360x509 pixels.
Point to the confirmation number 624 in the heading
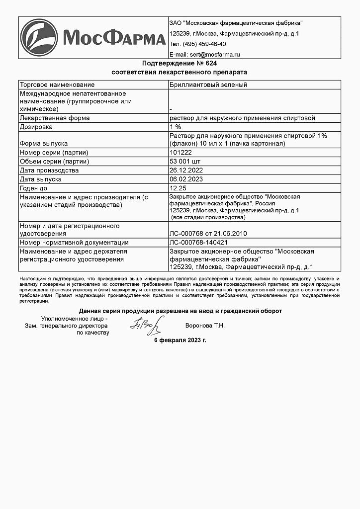(211, 64)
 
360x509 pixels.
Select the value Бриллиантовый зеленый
(208, 85)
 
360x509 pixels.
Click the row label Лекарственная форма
(54, 118)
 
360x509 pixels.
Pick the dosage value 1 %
(176, 127)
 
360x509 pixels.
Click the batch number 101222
(180, 153)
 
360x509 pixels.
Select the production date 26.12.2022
(186, 170)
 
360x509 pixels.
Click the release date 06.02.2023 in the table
(186, 179)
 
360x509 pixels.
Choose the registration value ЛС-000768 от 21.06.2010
(208, 234)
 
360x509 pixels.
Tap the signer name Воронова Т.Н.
(204, 326)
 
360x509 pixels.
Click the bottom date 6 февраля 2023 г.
(180, 340)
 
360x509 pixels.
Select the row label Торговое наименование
(57, 85)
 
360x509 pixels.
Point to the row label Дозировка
(36, 127)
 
